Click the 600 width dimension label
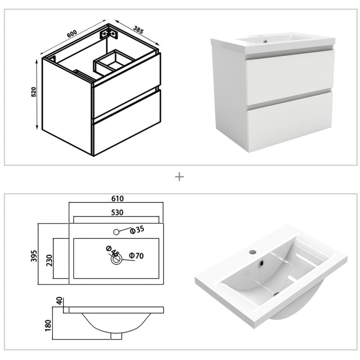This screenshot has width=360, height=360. pos(72,33)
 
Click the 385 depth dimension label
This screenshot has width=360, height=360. pos(139,30)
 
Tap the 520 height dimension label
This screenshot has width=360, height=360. pos(33,92)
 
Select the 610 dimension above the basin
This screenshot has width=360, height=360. pos(117,198)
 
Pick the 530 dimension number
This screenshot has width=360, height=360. pos(117,212)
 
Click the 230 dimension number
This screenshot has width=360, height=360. pos(49,261)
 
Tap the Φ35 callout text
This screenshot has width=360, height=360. pos(137,230)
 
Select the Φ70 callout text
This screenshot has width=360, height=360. pos(136,255)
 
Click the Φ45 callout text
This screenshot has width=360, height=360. pos(113,251)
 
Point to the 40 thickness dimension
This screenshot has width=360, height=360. pos(59,301)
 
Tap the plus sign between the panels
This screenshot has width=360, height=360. pos(179,177)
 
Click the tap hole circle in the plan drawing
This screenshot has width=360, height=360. pos(117,232)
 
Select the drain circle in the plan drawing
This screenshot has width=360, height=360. pos(117,259)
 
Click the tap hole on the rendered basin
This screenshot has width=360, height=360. pos(252,252)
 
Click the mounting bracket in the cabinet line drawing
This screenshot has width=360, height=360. pos(108,34)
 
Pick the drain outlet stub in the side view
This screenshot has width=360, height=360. pos(116,336)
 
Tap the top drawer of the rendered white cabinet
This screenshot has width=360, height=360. pos(290,77)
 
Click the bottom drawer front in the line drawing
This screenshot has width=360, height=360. pos(127,123)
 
